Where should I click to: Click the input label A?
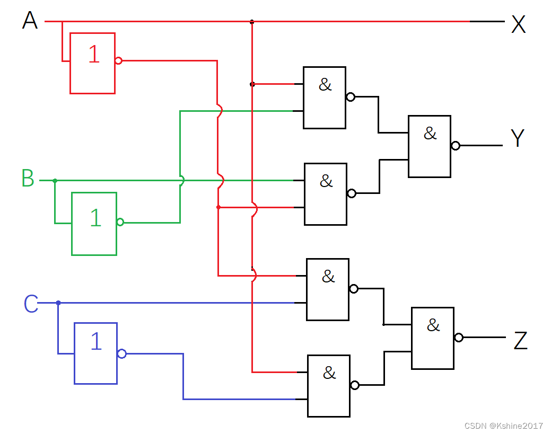pyautogui.click(x=30, y=21)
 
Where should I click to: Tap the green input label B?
pyautogui.click(x=28, y=179)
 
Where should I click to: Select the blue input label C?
pyautogui.click(x=31, y=304)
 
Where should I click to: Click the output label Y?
pyautogui.click(x=518, y=138)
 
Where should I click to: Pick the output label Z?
pyautogui.click(x=520, y=341)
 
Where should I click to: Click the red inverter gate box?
pyautogui.click(x=92, y=63)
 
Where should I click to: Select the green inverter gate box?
pyautogui.click(x=94, y=224)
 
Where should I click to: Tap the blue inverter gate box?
pyautogui.click(x=95, y=353)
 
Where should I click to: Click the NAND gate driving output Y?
pyautogui.click(x=429, y=146)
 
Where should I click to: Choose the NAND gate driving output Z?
pyautogui.click(x=433, y=338)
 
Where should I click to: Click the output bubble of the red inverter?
pyautogui.click(x=119, y=61)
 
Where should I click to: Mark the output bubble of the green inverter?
pyautogui.click(x=120, y=222)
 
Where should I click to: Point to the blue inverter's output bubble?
pyautogui.click(x=121, y=353)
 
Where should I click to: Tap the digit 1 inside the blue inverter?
pyautogui.click(x=96, y=342)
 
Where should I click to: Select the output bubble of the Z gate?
pyautogui.click(x=459, y=338)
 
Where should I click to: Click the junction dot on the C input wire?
pyautogui.click(x=58, y=303)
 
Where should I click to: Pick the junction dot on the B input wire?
pyautogui.click(x=55, y=181)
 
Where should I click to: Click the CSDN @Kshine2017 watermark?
pyautogui.click(x=504, y=426)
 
